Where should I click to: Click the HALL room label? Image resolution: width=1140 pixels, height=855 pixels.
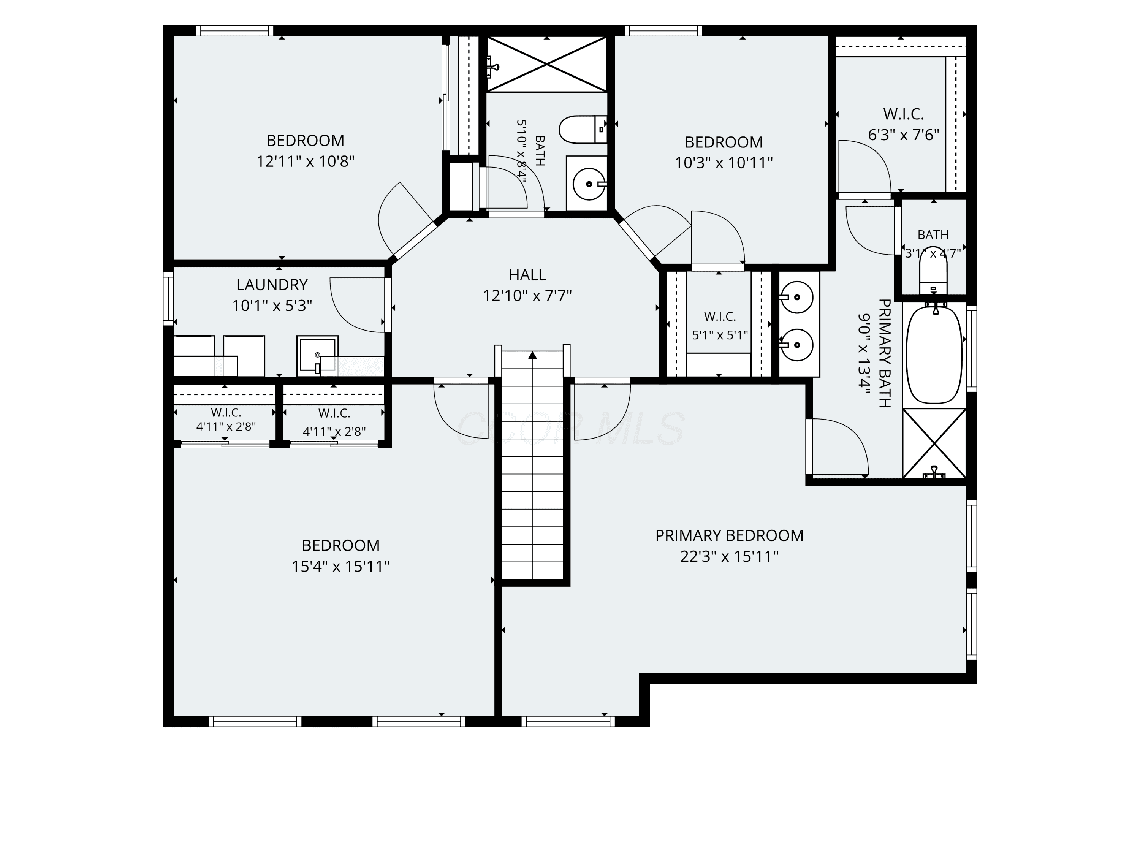527,275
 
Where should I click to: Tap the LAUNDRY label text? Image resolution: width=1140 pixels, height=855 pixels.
272,285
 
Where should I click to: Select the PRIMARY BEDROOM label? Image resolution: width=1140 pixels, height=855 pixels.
729,535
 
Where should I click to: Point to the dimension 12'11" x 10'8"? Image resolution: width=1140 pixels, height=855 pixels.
306,161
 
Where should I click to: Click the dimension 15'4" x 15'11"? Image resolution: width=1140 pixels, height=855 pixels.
340,567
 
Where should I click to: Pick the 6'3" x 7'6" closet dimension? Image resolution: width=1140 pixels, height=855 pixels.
904,135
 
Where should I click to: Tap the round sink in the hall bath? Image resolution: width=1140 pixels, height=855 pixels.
589,183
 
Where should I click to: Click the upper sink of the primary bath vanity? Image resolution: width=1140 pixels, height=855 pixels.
797,298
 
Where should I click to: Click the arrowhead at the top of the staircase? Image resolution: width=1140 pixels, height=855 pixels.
532,355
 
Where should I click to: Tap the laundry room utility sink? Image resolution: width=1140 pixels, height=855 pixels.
317,356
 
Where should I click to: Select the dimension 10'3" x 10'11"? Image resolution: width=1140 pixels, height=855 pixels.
724,163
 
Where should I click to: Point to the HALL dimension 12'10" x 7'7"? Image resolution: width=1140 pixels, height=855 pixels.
527,296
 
